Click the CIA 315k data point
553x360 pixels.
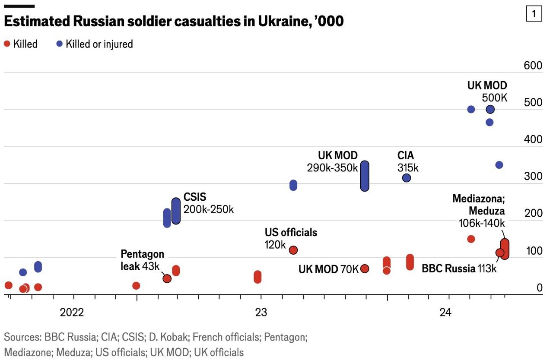(x=407, y=177)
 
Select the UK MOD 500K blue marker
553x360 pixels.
(x=490, y=109)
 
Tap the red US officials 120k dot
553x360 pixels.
(x=293, y=250)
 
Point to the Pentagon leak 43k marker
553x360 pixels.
(x=167, y=278)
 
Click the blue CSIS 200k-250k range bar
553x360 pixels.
(x=176, y=211)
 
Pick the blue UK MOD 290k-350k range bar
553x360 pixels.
(x=365, y=176)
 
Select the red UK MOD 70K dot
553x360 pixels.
(x=365, y=268)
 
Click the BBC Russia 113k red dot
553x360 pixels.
(x=500, y=253)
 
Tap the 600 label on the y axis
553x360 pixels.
(x=533, y=66)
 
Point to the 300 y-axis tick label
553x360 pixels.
(x=533, y=177)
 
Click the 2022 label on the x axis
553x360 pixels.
(x=72, y=313)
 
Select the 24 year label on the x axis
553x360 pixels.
(x=445, y=313)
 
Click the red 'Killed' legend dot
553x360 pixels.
(x=7, y=44)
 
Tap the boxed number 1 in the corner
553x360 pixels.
(x=534, y=14)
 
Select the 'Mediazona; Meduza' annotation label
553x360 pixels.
(x=478, y=205)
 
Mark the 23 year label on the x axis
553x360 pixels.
(x=261, y=313)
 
